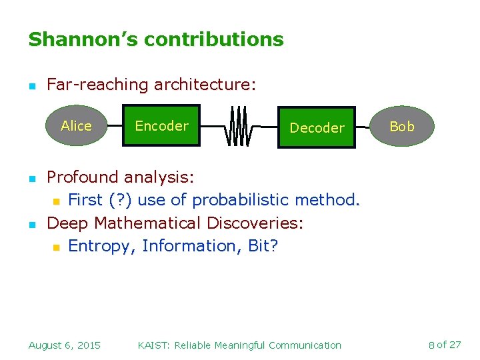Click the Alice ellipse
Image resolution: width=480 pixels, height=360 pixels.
tap(76, 125)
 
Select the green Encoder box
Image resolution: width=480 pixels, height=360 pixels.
tap(161, 125)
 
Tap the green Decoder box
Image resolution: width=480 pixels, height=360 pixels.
tap(317, 127)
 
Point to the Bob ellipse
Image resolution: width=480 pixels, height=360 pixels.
tap(401, 126)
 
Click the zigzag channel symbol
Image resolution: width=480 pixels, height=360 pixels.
tap(239, 126)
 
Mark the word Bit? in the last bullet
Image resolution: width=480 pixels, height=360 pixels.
tap(263, 246)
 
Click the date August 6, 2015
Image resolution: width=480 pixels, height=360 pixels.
tap(64, 345)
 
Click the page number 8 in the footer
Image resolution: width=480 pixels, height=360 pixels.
tap(431, 345)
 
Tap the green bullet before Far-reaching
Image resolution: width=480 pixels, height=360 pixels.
tap(31, 86)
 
